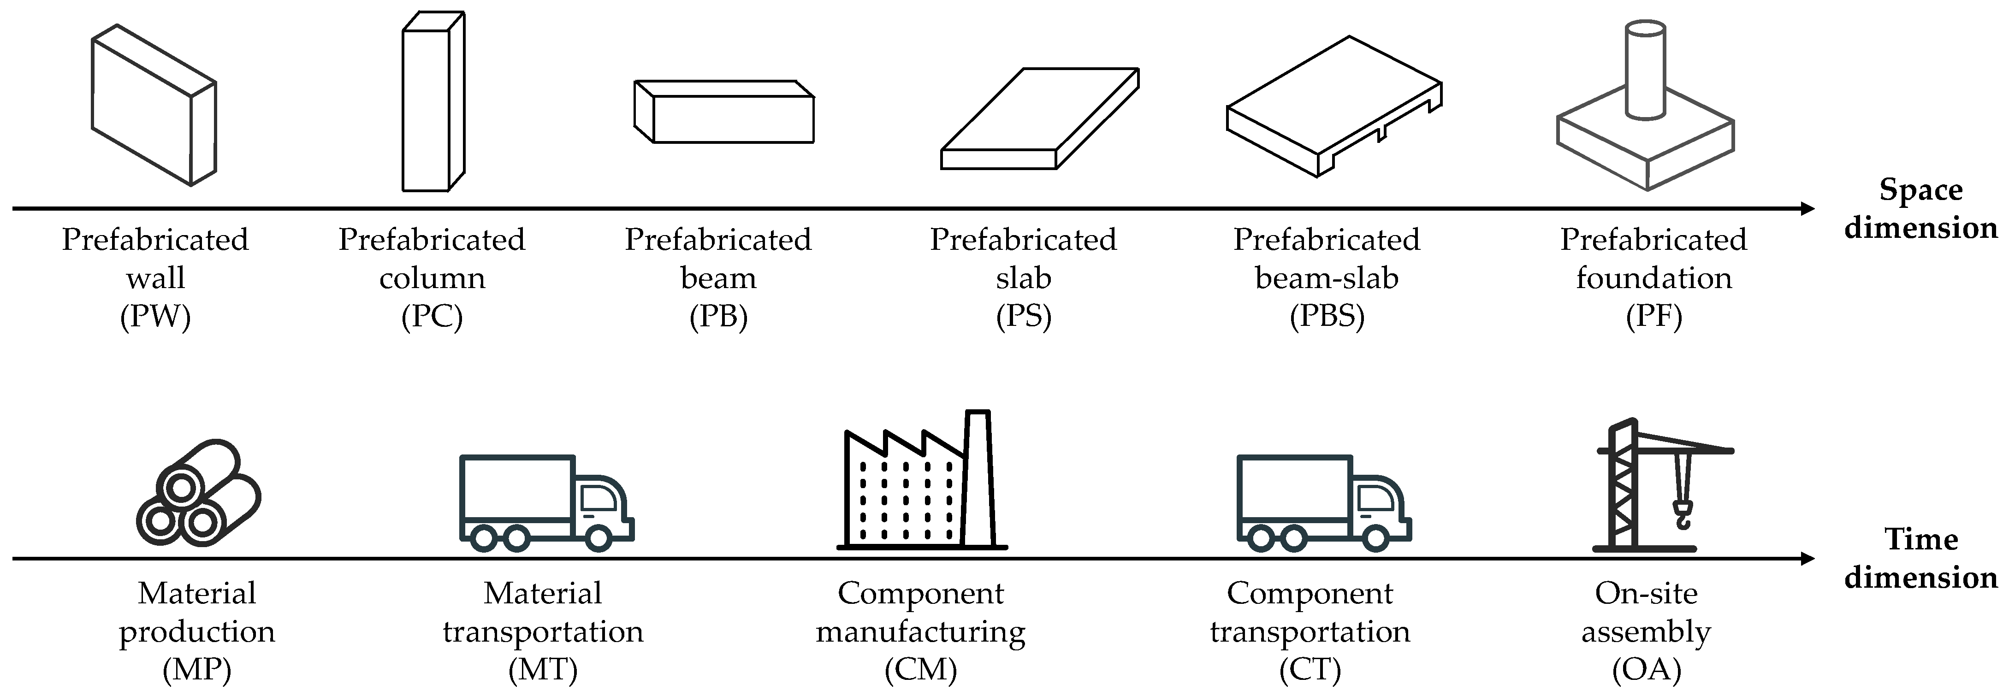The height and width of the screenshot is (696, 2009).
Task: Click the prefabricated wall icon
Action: point(154,105)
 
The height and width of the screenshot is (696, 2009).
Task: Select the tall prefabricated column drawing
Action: point(433,101)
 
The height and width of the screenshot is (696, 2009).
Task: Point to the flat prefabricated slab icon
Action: point(1039,118)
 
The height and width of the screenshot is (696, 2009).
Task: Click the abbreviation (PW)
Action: point(155,317)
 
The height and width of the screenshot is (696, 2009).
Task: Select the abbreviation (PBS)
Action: point(1327,317)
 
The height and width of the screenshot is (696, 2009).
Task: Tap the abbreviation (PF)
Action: point(1653,317)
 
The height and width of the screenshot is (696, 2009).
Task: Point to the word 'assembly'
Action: point(1646,632)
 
